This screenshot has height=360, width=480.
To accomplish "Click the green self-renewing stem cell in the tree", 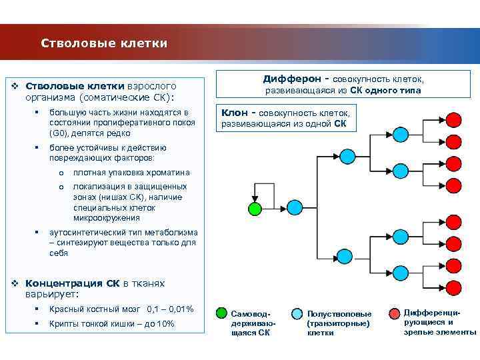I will (x=254, y=208).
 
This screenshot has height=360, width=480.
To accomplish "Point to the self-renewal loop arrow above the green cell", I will (x=264, y=193).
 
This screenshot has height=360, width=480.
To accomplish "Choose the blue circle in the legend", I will (x=296, y=311).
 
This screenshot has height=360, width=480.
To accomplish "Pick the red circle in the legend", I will (x=392, y=311).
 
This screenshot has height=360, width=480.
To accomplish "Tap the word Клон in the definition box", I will (x=235, y=113).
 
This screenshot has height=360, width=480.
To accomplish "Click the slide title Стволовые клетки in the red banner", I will (x=103, y=43).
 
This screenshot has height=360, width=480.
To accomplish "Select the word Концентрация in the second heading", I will (x=64, y=283).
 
